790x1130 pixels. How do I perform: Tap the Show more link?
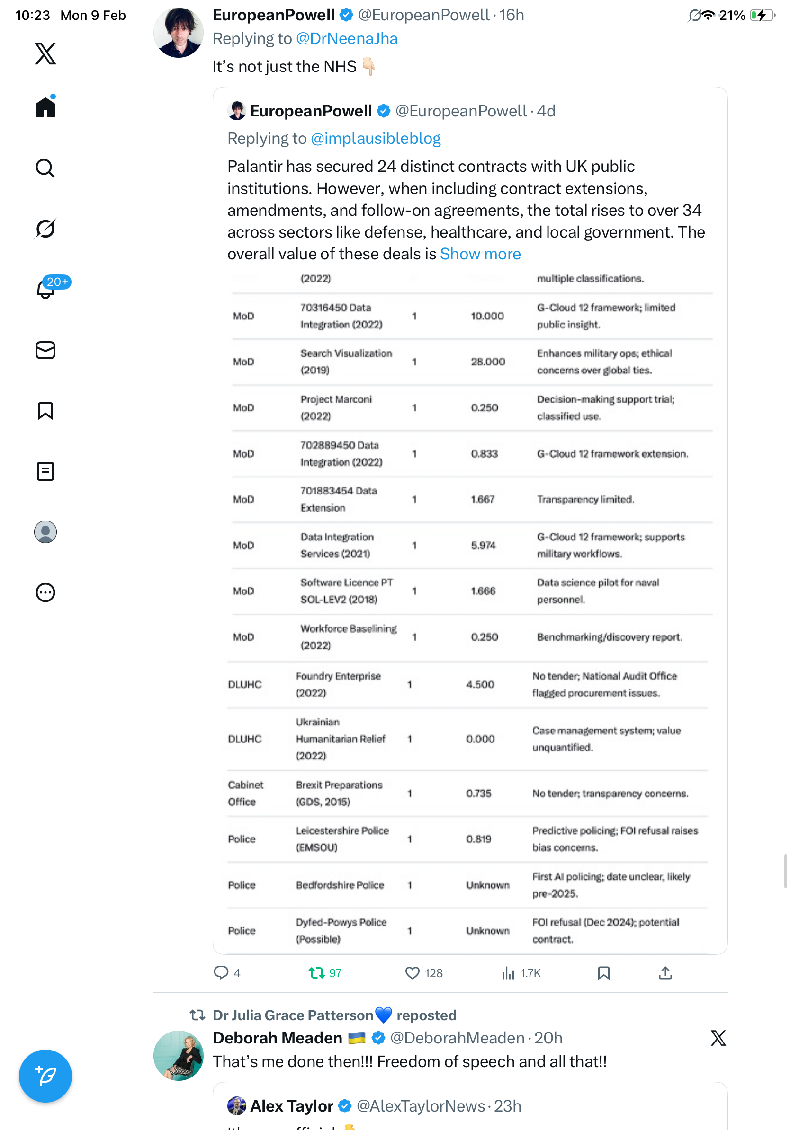point(480,254)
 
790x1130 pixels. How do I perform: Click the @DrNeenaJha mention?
point(346,39)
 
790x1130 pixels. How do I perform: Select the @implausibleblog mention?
point(375,139)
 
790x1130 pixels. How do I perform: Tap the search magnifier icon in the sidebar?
point(45,168)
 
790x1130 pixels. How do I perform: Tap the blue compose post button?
point(45,1076)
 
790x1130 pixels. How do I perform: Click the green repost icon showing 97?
point(316,972)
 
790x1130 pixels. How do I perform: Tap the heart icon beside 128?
point(412,972)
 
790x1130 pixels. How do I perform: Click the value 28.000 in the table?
point(488,362)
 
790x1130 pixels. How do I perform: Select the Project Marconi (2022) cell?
point(336,407)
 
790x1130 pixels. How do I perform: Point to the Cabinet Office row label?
point(245,793)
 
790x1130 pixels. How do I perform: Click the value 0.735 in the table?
point(478,793)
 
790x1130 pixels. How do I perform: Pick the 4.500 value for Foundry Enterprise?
point(480,684)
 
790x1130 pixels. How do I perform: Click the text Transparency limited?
point(585,499)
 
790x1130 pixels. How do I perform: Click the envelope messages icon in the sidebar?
point(45,350)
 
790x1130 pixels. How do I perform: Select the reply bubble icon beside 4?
point(221,972)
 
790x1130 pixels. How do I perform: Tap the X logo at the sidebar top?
point(45,53)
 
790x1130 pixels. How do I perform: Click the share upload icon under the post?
point(665,972)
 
